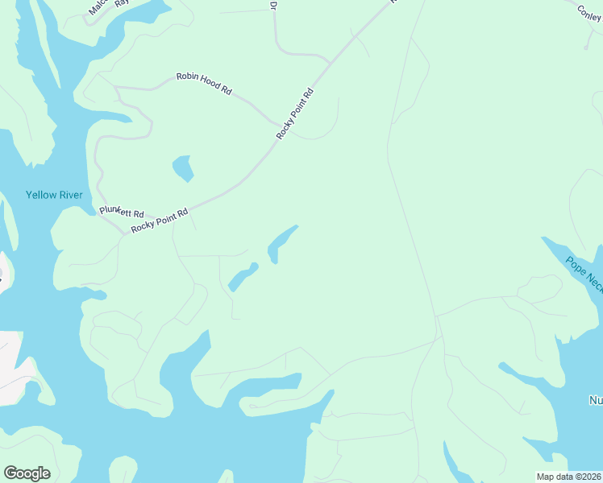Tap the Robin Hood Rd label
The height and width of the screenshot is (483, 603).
(204, 84)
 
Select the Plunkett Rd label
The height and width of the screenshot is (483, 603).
(122, 213)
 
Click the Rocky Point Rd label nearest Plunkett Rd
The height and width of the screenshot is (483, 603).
(160, 220)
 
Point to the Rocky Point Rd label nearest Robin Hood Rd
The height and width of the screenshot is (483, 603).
(294, 114)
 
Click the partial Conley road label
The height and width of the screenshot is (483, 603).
(589, 12)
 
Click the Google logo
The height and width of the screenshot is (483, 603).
(27, 473)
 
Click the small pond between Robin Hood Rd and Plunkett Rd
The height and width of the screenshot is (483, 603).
(184, 168)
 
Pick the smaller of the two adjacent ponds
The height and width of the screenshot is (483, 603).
(241, 277)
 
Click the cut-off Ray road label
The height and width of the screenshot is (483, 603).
(123, 2)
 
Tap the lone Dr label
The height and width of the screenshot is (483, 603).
(273, 5)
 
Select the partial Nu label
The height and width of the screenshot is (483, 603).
(596, 400)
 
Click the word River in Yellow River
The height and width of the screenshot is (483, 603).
(69, 195)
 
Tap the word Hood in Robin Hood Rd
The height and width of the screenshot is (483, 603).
(206, 84)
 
